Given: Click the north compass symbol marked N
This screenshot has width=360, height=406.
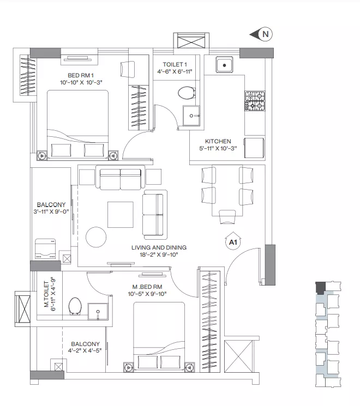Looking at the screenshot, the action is tap(262, 34).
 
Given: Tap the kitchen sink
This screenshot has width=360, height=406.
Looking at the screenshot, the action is tap(224, 65).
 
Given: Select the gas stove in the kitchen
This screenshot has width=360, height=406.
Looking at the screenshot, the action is tap(255, 101).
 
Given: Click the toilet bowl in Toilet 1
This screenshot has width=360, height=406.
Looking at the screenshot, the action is tap(187, 93).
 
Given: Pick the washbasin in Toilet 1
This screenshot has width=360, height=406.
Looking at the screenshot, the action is tap(191, 116).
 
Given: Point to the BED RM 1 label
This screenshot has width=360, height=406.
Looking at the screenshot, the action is tap(81, 75).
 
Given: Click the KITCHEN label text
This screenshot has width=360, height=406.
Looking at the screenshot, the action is tap(218, 141).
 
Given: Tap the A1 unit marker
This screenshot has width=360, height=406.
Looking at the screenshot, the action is tap(233, 242).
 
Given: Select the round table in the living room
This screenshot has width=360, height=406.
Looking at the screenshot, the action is tap(96, 237).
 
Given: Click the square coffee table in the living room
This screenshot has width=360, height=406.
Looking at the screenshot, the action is tap(121, 215).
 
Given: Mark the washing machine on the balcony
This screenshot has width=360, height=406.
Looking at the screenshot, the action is tap(45, 249).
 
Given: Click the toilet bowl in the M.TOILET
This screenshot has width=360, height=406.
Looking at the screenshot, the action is tap(75, 306).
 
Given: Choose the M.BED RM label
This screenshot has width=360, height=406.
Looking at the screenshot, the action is tap(147, 287).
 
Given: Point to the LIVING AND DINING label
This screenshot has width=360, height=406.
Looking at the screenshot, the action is tap(159, 247).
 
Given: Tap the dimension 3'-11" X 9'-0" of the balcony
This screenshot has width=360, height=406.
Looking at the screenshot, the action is tap(51, 211).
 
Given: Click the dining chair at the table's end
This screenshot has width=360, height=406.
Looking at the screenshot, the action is tap(227, 217).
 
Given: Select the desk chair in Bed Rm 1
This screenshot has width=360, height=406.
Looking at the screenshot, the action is tap(128, 69).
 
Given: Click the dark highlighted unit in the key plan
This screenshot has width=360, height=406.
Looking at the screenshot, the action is tap(320, 288).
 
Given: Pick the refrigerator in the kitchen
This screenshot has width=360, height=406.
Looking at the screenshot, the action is tap(254, 148).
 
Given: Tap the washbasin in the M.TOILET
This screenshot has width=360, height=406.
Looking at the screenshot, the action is tap(98, 312).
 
